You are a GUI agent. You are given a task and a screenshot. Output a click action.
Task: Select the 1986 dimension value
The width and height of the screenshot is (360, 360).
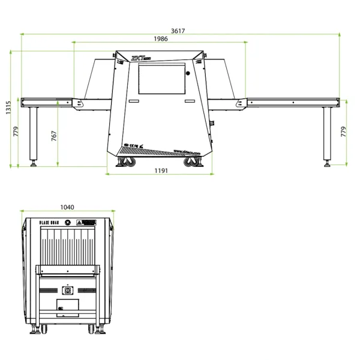(x=160, y=38)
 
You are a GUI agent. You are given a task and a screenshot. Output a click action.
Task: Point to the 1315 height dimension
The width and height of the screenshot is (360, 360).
(x=8, y=109)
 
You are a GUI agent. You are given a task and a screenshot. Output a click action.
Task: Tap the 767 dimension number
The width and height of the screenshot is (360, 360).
(x=53, y=136)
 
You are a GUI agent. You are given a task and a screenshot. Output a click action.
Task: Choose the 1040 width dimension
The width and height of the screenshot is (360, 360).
(x=67, y=207)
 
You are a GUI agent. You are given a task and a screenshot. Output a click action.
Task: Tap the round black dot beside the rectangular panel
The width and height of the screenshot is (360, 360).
(x=187, y=74)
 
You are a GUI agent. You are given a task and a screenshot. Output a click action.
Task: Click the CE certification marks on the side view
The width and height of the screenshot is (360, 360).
(x=131, y=146)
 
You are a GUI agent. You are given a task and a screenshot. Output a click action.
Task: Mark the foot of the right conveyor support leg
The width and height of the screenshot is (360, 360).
(x=327, y=163)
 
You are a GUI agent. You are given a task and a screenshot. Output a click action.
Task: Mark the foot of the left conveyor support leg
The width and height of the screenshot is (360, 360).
(x=34, y=163)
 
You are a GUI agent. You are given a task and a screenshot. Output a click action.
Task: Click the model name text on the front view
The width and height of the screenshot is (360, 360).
(x=49, y=223)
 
